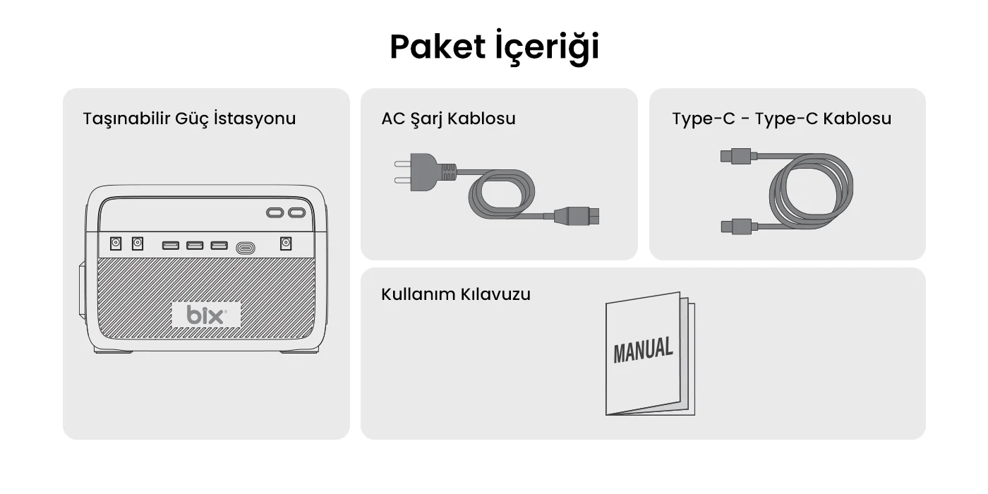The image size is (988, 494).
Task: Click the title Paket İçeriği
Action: click(495, 47)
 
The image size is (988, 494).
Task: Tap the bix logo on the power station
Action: click(206, 315)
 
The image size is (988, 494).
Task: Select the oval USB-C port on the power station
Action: click(246, 248)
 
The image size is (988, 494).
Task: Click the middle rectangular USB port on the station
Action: click(195, 246)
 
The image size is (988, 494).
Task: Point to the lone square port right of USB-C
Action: click(286, 243)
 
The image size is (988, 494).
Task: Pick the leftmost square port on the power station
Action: click(116, 243)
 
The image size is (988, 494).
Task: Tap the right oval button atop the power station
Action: click(297, 213)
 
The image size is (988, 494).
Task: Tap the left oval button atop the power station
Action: click(275, 213)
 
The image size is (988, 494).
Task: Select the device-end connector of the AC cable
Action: click(576, 216)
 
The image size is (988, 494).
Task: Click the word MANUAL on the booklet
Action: click(643, 350)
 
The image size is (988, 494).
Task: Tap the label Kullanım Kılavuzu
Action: click(456, 294)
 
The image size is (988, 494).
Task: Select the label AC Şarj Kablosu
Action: click(448, 119)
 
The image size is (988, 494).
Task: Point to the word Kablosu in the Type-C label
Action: click(857, 119)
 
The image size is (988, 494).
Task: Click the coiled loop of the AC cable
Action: click(502, 194)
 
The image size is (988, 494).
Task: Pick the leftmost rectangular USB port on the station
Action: click(171, 246)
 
